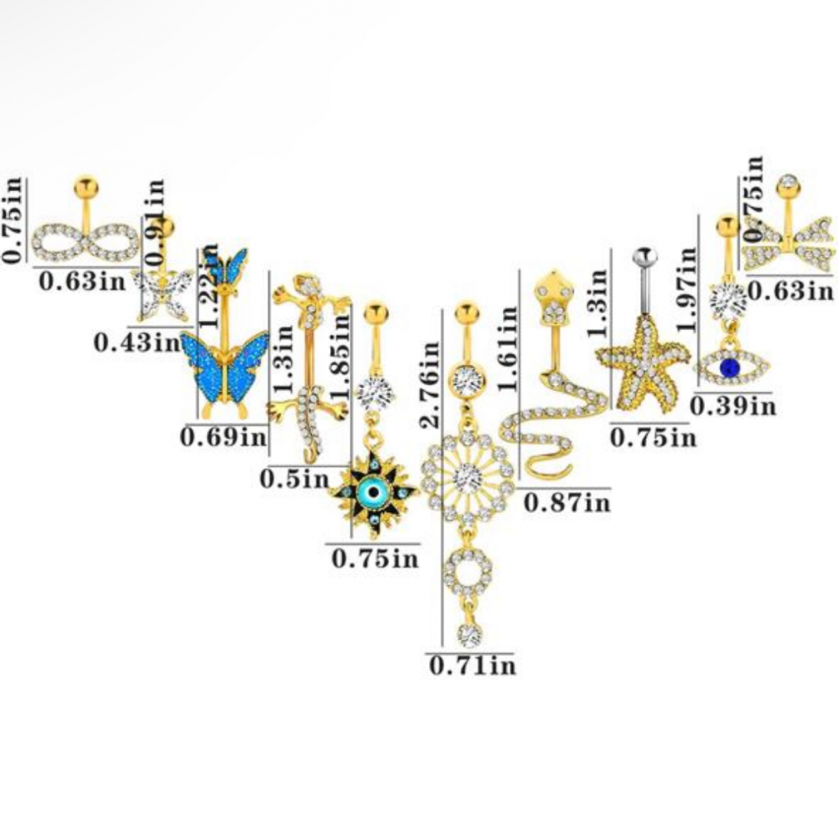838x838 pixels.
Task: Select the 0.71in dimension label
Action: coord(472,666)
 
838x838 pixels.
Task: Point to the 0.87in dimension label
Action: coord(566,502)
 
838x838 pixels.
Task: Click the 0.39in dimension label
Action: coord(734,406)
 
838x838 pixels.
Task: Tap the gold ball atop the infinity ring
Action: coord(83,183)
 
